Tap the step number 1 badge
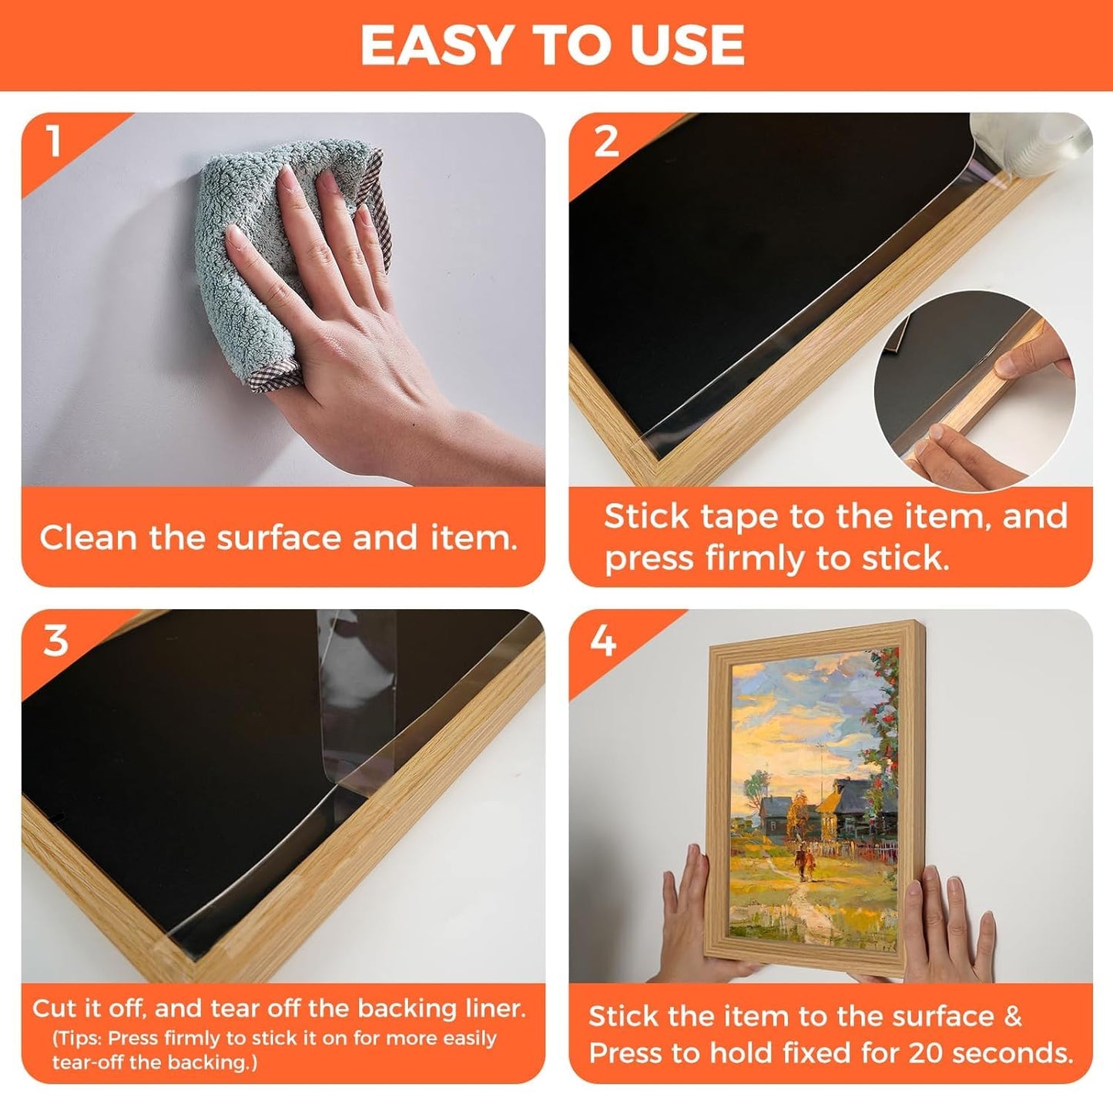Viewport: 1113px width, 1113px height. [x=53, y=142]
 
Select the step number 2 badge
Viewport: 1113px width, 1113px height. [x=606, y=142]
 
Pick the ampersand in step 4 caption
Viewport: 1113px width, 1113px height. [x=1013, y=1017]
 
